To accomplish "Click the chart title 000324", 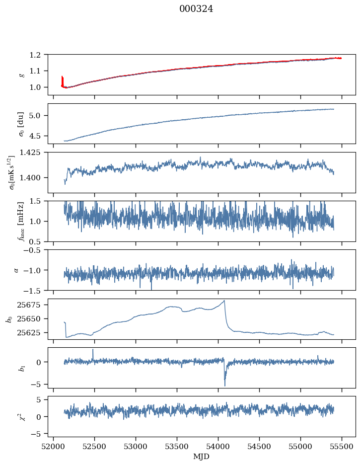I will (196, 9).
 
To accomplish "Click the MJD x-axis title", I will (202, 456).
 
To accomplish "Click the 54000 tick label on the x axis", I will (218, 446).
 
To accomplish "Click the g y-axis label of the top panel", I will (21, 75).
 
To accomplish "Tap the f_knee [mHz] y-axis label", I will (21, 221).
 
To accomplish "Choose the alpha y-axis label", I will (16, 270).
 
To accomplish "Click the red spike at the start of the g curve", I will (62, 79).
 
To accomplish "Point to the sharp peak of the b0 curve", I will (224, 301).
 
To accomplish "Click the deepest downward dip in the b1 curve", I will (225, 385).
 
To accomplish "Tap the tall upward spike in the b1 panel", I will (93, 350).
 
